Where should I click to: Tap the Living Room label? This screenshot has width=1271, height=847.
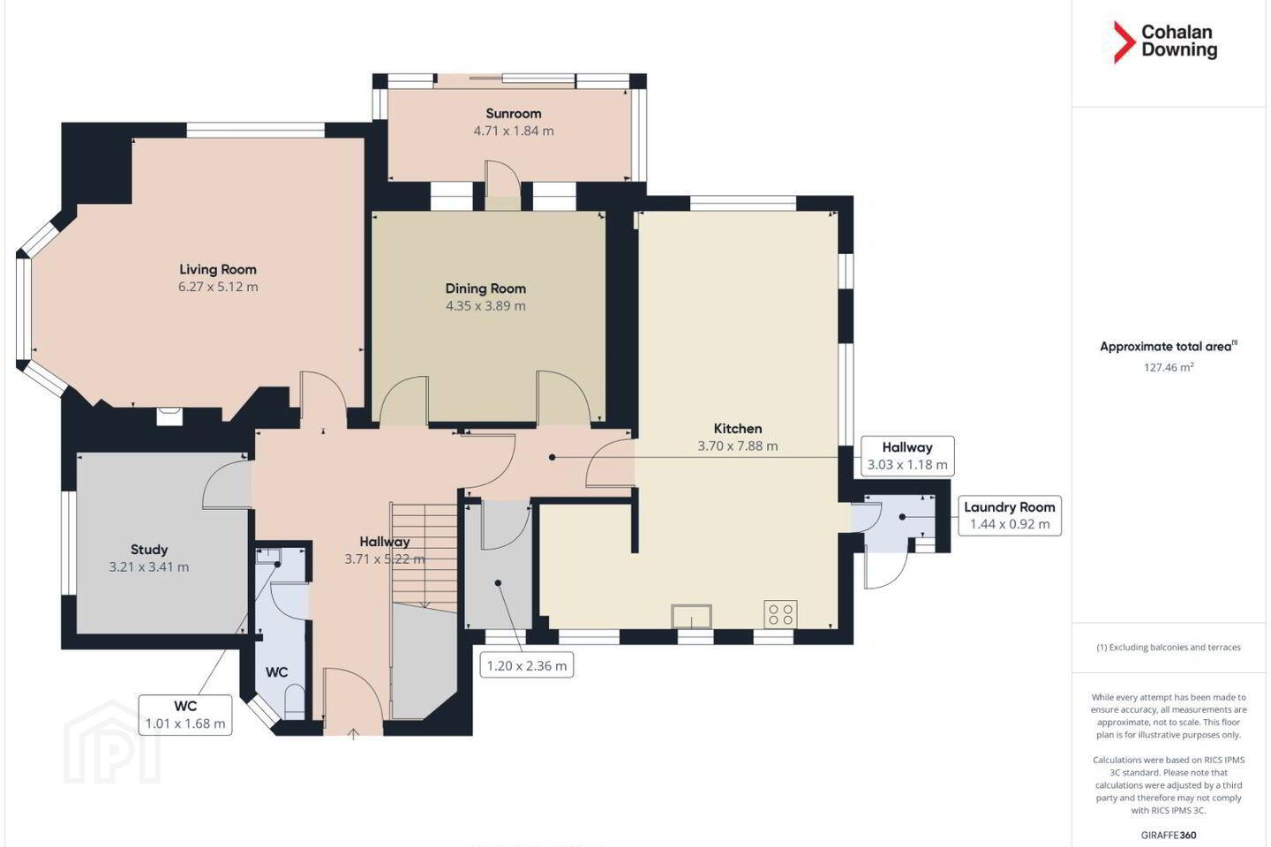tap(218, 269)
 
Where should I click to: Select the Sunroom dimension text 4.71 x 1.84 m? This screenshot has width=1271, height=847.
tap(514, 131)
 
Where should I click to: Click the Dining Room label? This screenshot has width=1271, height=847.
tap(485, 289)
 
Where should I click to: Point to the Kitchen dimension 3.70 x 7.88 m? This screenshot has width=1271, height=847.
tap(738, 446)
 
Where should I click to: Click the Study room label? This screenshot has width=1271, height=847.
tap(149, 549)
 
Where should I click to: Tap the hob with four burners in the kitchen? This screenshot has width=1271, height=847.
tap(781, 614)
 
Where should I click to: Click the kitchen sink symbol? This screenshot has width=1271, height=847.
tap(692, 616)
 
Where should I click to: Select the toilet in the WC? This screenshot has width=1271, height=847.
tap(294, 701)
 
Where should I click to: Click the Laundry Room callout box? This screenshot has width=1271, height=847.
tap(1010, 515)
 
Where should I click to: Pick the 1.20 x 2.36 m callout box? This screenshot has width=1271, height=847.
tap(527, 665)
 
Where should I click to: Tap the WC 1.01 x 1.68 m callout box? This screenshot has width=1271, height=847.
tap(185, 715)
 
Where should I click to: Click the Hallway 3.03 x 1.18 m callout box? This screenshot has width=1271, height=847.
tap(907, 456)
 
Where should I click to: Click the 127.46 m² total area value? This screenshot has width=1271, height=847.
tap(1169, 368)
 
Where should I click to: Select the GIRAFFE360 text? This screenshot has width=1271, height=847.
tap(1169, 835)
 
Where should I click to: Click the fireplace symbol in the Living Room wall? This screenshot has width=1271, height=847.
tap(169, 417)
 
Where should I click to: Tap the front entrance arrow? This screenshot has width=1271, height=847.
tap(353, 734)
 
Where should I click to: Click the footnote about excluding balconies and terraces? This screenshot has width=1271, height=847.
tap(1169, 648)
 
